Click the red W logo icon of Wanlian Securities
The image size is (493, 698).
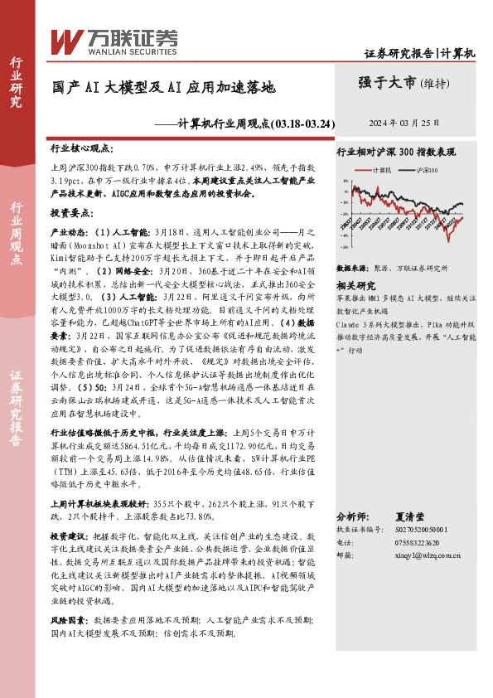(x=66, y=39)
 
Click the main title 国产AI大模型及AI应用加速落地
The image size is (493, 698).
(x=163, y=85)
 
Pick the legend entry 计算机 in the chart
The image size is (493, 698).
(x=378, y=169)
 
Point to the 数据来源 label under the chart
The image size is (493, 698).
(x=350, y=269)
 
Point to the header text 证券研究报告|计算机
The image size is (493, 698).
(x=420, y=53)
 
